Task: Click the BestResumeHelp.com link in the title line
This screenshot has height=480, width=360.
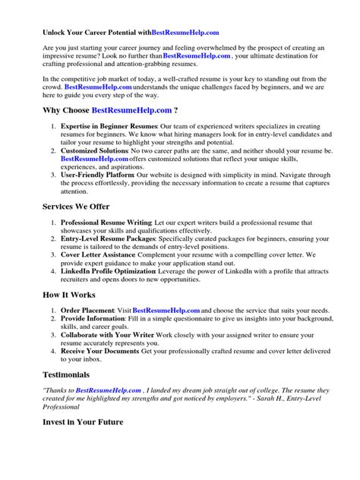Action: [185, 33]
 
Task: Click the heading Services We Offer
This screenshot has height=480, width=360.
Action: [75, 207]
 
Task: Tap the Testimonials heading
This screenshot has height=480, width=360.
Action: [65, 374]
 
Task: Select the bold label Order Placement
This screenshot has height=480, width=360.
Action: [87, 310]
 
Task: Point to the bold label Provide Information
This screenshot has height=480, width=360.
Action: [94, 319]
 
